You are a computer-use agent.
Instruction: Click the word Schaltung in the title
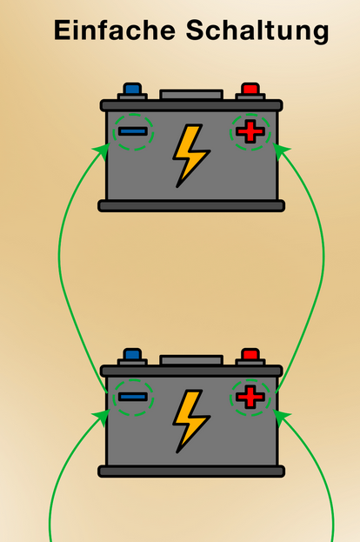(257, 32)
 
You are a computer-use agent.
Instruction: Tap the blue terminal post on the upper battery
(132, 89)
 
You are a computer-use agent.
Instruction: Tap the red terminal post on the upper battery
(250, 89)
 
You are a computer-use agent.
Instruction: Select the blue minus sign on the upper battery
(133, 131)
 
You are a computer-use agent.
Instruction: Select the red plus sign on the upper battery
(250, 131)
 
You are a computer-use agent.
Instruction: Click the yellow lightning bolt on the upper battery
(191, 156)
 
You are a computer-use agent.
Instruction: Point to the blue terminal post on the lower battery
(132, 354)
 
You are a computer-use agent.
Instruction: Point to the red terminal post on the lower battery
(250, 354)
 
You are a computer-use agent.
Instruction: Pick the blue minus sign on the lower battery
(133, 397)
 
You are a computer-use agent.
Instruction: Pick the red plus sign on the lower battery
(250, 397)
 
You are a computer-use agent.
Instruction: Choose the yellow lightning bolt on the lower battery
(191, 421)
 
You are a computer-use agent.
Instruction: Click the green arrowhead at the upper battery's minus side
(103, 151)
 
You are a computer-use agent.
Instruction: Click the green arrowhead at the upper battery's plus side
(281, 151)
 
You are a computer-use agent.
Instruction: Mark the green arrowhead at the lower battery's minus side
(103, 417)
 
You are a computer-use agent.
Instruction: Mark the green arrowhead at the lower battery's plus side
(281, 417)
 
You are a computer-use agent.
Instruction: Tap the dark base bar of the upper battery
(191, 205)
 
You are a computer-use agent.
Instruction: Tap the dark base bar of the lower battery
(191, 472)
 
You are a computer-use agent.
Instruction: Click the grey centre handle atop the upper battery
(191, 94)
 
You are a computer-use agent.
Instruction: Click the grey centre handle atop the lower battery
(191, 360)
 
